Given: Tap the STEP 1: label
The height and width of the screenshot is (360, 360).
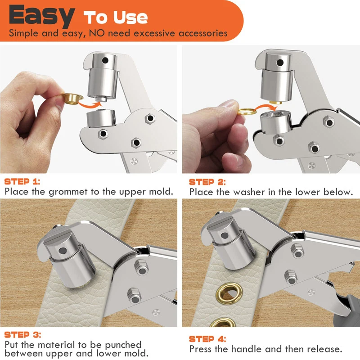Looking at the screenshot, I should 22,182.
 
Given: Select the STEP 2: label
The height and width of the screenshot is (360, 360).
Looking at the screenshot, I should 207,182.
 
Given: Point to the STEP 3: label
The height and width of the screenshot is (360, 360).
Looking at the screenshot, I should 22,335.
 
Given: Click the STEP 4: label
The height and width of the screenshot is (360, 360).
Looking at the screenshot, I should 207,339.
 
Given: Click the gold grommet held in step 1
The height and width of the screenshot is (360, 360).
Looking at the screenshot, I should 69,98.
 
